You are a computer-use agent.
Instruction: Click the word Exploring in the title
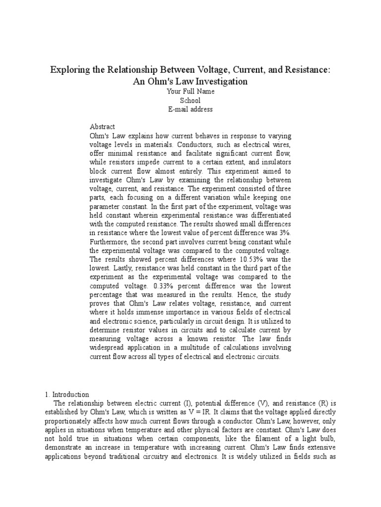coord(68,70)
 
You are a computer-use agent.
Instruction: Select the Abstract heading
coord(102,127)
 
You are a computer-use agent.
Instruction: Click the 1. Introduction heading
coord(67,395)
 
